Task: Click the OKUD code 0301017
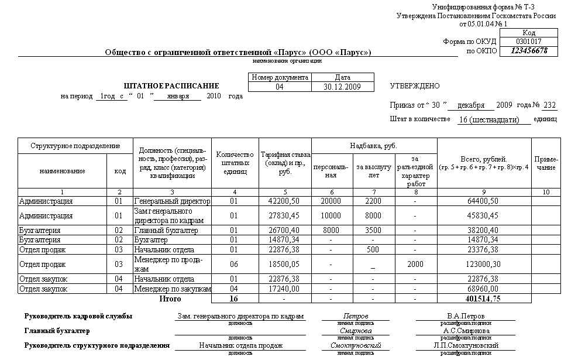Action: (x=529, y=42)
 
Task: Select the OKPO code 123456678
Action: (x=529, y=51)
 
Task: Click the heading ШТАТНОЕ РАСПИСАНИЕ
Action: (x=171, y=86)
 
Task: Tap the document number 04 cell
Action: (x=279, y=87)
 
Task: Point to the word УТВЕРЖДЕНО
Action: (x=414, y=86)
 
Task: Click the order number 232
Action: (x=549, y=105)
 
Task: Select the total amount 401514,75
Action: (x=483, y=299)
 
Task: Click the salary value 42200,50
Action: (x=283, y=201)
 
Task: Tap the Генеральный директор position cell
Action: (x=172, y=201)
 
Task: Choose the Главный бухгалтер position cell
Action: (x=166, y=231)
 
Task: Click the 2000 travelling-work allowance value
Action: (x=415, y=264)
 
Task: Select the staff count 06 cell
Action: (x=234, y=264)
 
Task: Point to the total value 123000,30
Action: (x=483, y=264)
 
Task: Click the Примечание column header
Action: (x=546, y=163)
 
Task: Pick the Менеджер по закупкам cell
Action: (x=172, y=289)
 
